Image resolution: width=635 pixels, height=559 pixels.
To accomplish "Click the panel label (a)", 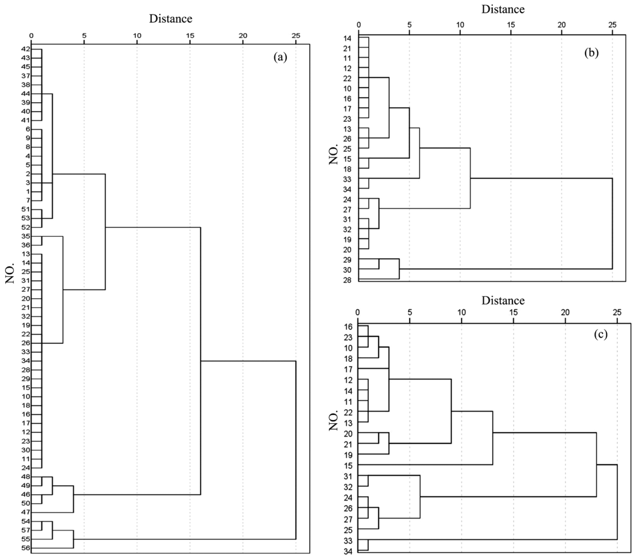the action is (280, 57).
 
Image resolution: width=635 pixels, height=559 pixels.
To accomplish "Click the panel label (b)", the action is (591, 53).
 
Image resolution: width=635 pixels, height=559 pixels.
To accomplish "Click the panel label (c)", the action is (601, 334).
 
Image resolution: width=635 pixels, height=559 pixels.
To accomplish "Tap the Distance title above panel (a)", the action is (170, 18).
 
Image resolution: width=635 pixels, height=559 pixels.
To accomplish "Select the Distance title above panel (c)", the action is (503, 300).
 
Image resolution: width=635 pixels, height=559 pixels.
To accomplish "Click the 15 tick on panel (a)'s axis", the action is (190, 36).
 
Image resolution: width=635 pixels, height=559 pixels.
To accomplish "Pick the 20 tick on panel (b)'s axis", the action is (562, 25).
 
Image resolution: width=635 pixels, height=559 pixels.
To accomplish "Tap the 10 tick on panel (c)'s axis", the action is (461, 312).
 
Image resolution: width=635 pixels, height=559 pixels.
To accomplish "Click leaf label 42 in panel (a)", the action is (25, 49).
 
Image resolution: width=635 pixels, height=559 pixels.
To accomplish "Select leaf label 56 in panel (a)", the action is (25, 548).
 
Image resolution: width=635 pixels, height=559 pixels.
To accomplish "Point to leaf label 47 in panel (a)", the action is (25, 513).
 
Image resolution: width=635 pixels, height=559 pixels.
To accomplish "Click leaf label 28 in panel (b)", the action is (347, 280).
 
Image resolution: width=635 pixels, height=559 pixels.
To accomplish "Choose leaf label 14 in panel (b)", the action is (347, 39).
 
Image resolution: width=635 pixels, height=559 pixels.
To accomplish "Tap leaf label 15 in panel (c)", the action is (348, 466).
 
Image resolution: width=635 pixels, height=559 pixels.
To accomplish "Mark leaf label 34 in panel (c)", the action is (348, 551).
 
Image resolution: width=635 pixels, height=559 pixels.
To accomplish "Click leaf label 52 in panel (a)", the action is (25, 227).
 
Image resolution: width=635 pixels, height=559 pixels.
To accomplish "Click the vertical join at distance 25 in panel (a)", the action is (296, 450).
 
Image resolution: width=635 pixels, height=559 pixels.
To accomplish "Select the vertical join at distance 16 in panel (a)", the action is (201, 360).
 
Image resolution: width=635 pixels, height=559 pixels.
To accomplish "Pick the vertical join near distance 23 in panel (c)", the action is (596, 464).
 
